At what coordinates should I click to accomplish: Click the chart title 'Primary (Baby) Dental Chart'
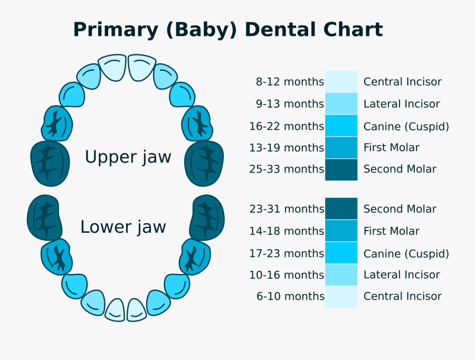click(x=227, y=30)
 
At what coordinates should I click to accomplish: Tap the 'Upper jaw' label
click(x=128, y=157)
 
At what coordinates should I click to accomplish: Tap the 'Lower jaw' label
click(x=123, y=227)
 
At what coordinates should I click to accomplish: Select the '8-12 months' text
click(x=290, y=82)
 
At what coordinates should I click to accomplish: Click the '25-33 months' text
click(x=287, y=169)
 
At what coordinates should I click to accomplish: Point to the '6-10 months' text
click(x=290, y=297)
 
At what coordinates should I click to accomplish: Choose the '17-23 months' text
click(x=287, y=254)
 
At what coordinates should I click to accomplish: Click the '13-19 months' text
click(x=287, y=148)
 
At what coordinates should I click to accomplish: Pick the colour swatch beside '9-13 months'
click(x=341, y=103)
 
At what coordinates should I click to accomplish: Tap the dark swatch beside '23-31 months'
click(x=341, y=209)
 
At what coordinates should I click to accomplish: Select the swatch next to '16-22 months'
click(x=341, y=126)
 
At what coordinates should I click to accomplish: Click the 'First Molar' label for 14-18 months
click(x=391, y=231)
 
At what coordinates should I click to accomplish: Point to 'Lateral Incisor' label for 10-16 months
click(x=401, y=275)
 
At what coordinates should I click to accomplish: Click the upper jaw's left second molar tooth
click(x=50, y=163)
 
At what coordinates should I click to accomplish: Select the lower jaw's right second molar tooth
click(x=207, y=217)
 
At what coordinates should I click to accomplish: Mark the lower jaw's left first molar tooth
click(x=56, y=257)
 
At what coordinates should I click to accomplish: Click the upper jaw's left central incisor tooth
click(x=113, y=68)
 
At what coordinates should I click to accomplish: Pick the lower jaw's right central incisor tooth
click(x=136, y=310)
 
